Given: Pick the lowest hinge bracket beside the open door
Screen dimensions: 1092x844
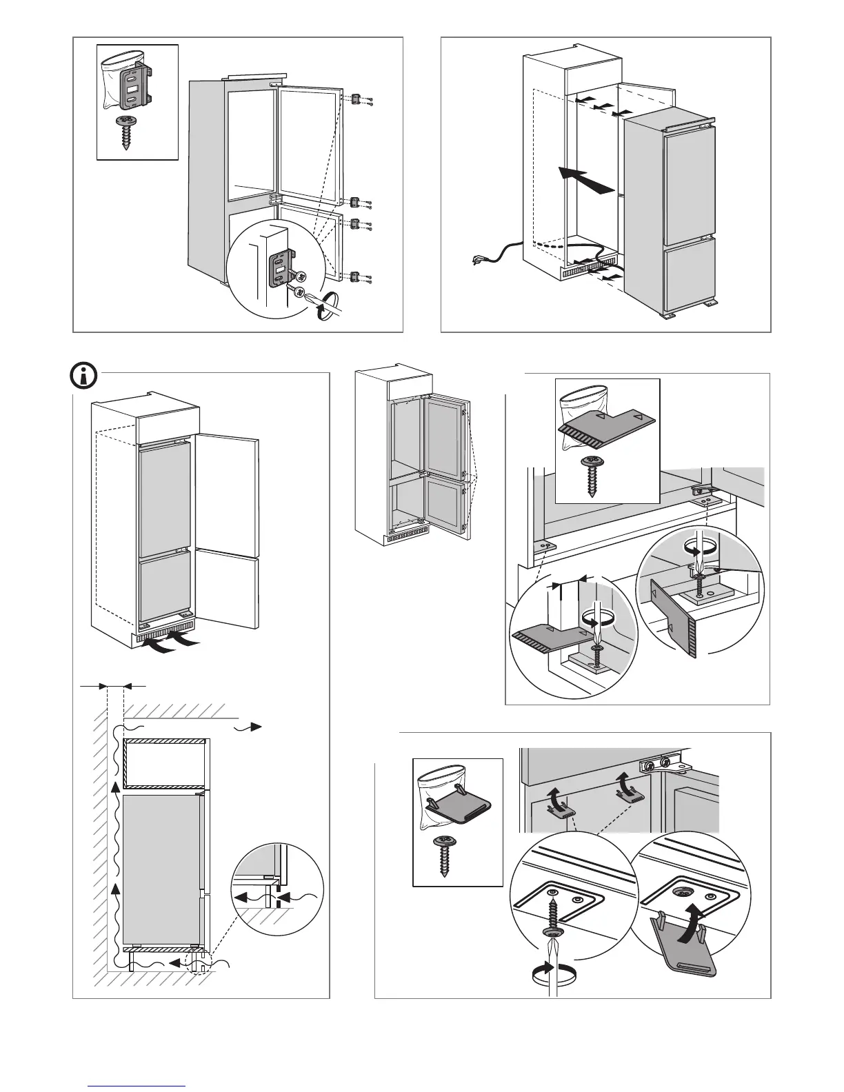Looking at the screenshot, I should click(355, 276).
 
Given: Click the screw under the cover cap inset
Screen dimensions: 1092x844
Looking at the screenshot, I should click(442, 855).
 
